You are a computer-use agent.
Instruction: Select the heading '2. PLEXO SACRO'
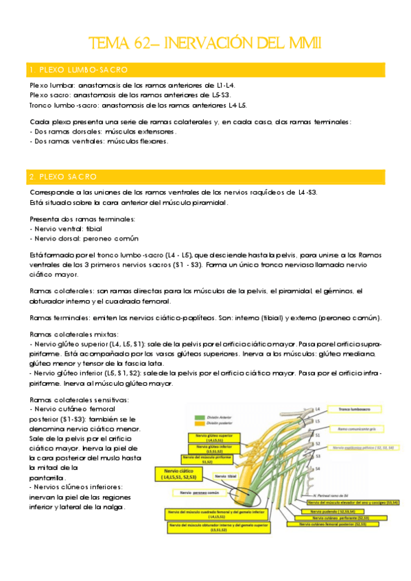click(x=63, y=177)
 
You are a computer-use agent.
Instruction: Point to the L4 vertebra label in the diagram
click(x=318, y=409)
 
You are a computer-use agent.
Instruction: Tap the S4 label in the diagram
click(x=318, y=468)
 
